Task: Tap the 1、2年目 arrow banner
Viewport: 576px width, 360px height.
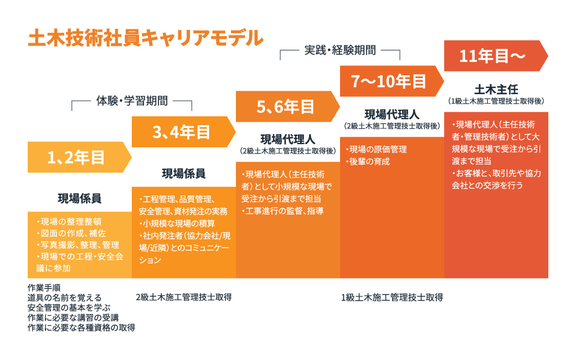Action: (x=76, y=158)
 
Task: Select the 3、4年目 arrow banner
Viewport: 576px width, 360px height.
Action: (x=181, y=132)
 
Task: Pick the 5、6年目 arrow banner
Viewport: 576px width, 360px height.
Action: (x=285, y=106)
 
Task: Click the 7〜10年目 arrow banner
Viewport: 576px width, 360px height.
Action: (x=389, y=81)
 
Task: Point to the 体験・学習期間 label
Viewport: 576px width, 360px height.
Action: (x=132, y=101)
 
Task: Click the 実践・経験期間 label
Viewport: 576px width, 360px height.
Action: (x=340, y=50)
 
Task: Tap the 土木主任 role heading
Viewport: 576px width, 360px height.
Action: (x=496, y=89)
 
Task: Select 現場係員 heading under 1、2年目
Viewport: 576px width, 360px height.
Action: (x=80, y=198)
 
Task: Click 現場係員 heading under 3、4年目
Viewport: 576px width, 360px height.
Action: (x=184, y=173)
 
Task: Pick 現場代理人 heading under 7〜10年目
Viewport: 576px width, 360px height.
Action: (x=392, y=115)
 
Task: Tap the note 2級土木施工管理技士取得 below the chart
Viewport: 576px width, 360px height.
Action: (x=183, y=296)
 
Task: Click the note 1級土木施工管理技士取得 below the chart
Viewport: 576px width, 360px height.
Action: (x=392, y=296)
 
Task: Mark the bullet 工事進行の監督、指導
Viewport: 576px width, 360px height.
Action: (x=283, y=210)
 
